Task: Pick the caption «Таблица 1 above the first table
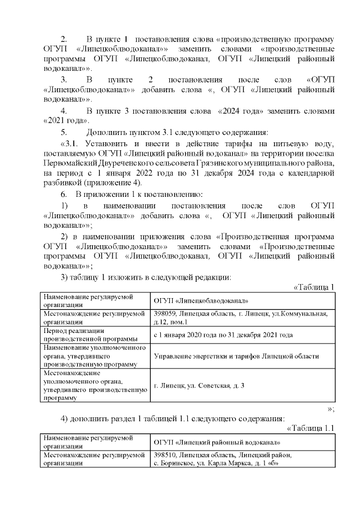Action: click(x=314, y=287)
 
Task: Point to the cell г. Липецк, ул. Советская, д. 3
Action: click(x=199, y=385)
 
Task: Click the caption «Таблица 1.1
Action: click(x=310, y=428)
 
